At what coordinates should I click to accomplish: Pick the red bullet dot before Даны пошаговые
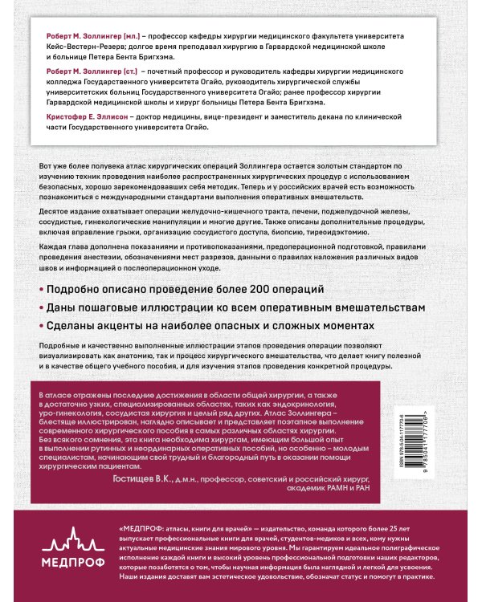[x=41, y=307]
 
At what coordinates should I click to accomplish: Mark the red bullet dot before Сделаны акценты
[x=41, y=327]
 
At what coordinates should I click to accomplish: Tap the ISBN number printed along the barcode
[x=419, y=449]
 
